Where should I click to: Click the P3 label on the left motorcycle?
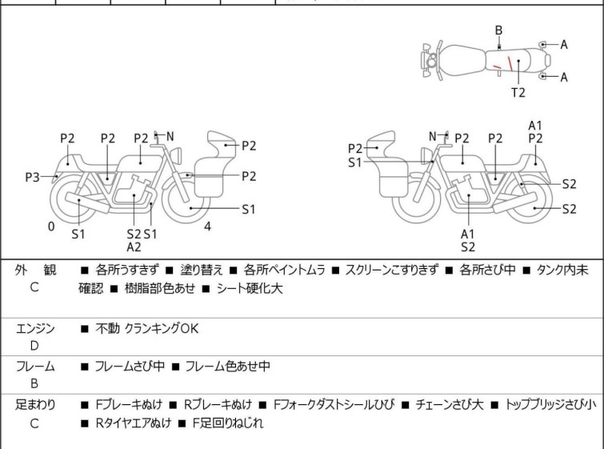tap(32, 177)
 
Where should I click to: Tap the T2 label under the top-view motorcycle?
tap(518, 92)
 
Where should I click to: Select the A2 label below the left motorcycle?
tap(134, 247)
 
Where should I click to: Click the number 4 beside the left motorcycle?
tap(207, 227)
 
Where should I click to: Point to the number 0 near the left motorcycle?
tap(50, 227)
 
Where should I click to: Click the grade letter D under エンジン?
tap(34, 346)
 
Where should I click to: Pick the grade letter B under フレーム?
tap(34, 383)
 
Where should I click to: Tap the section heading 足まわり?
tap(34, 405)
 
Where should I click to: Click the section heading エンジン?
tap(35, 328)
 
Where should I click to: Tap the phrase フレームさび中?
tap(130, 367)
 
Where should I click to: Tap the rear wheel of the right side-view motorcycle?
tap(528, 202)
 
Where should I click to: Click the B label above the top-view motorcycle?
tap(498, 30)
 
